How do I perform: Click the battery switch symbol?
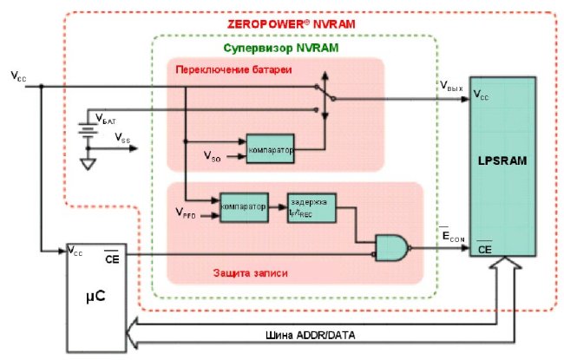pos(325,95)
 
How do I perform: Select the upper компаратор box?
pos(270,148)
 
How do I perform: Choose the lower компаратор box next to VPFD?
pos(242,207)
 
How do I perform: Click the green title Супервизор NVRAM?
pos(287,49)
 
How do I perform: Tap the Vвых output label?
pos(452,88)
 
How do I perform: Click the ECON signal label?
pos(452,233)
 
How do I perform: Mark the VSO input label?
pos(211,156)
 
